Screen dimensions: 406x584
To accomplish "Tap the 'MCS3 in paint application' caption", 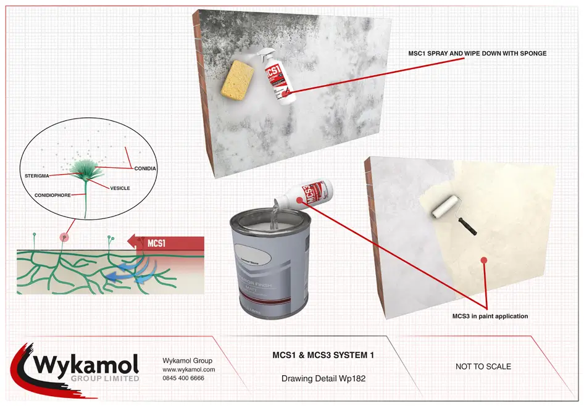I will click(x=490, y=316).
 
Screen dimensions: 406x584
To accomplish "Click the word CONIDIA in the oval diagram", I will click(x=146, y=167).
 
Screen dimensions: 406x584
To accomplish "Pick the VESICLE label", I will click(x=120, y=188).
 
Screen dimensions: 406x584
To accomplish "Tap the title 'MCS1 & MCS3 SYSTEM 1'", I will click(x=323, y=355).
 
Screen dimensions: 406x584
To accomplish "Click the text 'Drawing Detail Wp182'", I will click(x=323, y=378).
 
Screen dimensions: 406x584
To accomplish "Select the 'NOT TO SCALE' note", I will click(x=483, y=367).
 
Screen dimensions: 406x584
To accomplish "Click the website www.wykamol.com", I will click(x=188, y=369).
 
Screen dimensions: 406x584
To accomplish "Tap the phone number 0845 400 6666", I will click(x=183, y=378).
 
